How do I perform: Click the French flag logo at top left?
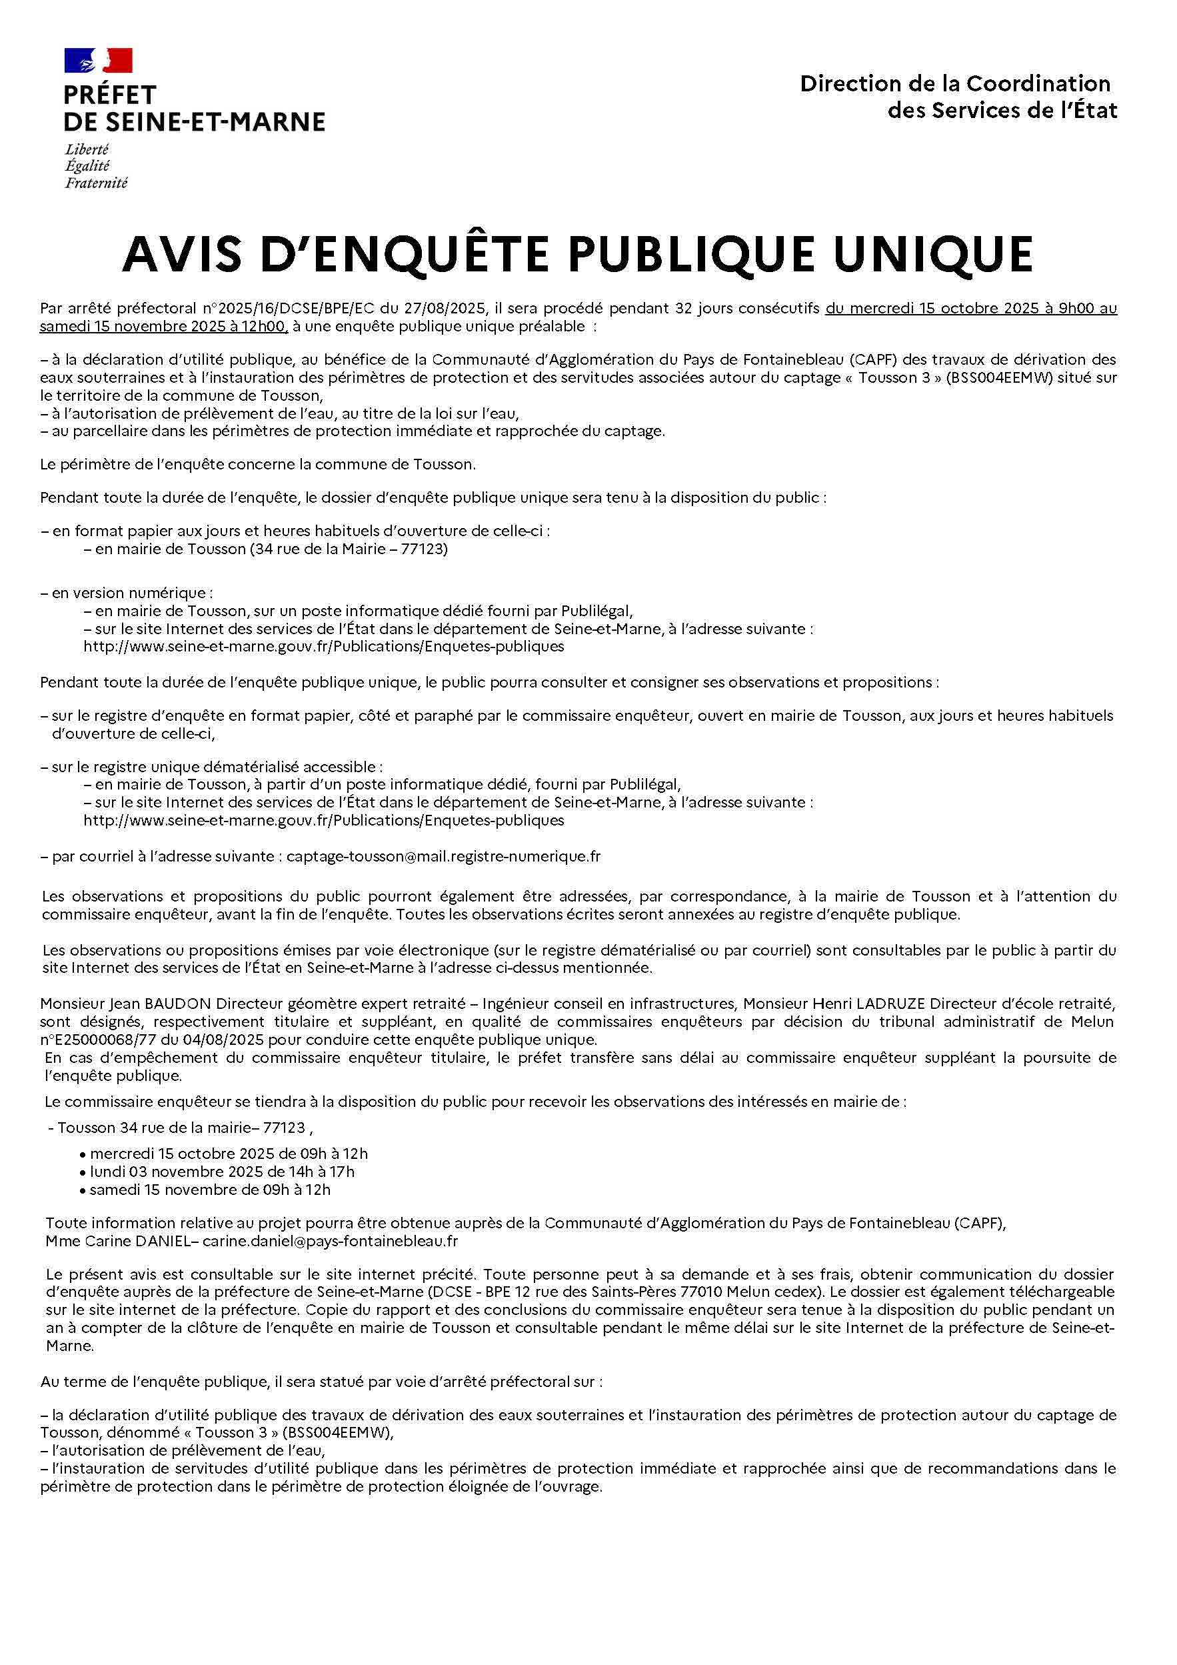[98, 60]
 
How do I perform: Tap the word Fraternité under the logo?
[96, 183]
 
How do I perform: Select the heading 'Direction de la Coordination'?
[954, 84]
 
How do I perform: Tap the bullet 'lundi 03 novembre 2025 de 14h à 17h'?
[222, 1171]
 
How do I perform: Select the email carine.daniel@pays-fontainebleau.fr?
[330, 1241]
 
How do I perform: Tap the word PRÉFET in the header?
[109, 95]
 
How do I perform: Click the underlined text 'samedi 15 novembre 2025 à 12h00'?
[163, 326]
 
